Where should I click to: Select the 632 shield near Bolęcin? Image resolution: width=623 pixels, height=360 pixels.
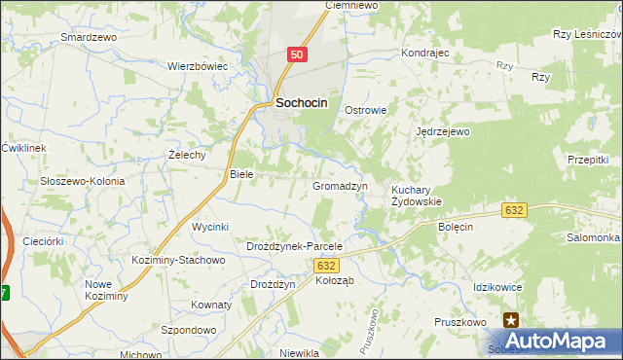tap(515, 210)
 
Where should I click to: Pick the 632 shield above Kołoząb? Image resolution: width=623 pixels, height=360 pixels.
tap(327, 266)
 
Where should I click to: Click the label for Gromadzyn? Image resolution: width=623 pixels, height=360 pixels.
tap(339, 185)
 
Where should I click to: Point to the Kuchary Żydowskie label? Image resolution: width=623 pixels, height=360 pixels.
tap(417, 196)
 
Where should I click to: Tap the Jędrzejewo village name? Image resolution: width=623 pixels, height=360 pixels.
tap(443, 131)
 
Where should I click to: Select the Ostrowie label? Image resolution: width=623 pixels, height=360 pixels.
tap(366, 110)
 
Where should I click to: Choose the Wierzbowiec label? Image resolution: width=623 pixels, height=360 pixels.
tap(198, 66)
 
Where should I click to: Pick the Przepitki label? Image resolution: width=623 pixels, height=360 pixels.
tap(587, 160)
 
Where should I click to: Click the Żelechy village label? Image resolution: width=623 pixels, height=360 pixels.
tap(186, 155)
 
